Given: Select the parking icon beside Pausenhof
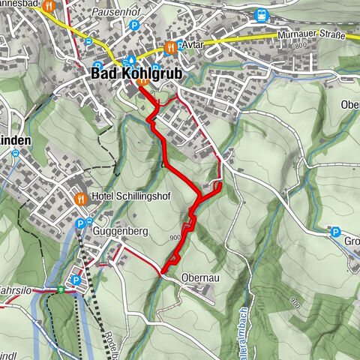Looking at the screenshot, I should coord(134,25).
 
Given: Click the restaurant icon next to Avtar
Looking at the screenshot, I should coord(171,46).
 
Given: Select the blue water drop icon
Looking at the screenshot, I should coord(132,59).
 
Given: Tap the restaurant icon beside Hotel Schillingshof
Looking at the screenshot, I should coord(81,199).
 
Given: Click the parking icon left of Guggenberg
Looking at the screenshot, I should coord(81,223).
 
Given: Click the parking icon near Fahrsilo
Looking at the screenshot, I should coord(74,280).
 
